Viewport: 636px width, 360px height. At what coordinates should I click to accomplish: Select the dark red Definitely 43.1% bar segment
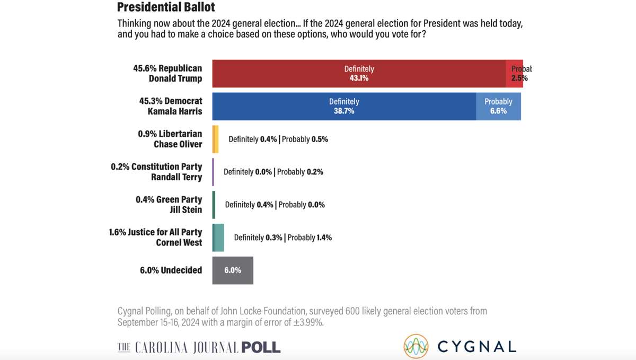click(x=359, y=73)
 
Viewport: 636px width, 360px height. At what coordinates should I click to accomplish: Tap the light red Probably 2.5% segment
click(x=515, y=73)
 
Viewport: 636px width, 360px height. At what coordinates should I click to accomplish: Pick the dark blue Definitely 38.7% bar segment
click(x=344, y=106)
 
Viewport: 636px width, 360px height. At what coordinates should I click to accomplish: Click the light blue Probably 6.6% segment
click(x=498, y=106)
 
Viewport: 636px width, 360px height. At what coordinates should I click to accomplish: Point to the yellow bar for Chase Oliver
click(x=215, y=139)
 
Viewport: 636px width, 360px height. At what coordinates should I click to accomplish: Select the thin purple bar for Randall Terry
click(x=213, y=172)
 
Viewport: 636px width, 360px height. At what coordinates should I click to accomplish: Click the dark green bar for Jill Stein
click(x=214, y=205)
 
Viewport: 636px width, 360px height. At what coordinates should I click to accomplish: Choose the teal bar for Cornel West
click(x=218, y=238)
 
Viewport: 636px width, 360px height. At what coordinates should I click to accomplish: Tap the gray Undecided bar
click(x=233, y=270)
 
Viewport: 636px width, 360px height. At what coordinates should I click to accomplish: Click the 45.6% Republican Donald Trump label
click(x=167, y=73)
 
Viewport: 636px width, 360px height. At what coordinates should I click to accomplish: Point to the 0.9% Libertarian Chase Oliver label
click(x=170, y=139)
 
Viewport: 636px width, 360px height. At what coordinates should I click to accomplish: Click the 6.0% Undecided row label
click(x=171, y=270)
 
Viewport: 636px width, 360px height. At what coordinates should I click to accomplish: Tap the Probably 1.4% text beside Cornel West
click(x=310, y=238)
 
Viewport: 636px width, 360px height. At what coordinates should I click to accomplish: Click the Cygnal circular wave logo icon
click(x=416, y=347)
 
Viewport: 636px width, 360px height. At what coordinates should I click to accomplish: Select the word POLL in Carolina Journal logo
click(x=261, y=347)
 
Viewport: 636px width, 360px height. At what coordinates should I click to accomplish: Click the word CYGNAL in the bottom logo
click(x=476, y=347)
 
